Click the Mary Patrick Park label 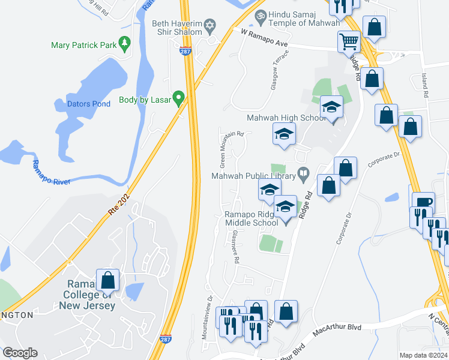tap(84, 45)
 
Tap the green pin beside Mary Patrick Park tap(125, 43)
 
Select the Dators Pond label tap(88, 104)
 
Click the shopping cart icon tap(348, 41)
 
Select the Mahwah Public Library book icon tap(304, 175)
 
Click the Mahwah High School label tap(286, 118)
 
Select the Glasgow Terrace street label tap(280, 70)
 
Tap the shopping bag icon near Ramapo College tap(107, 280)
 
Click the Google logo tap(20, 353)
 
